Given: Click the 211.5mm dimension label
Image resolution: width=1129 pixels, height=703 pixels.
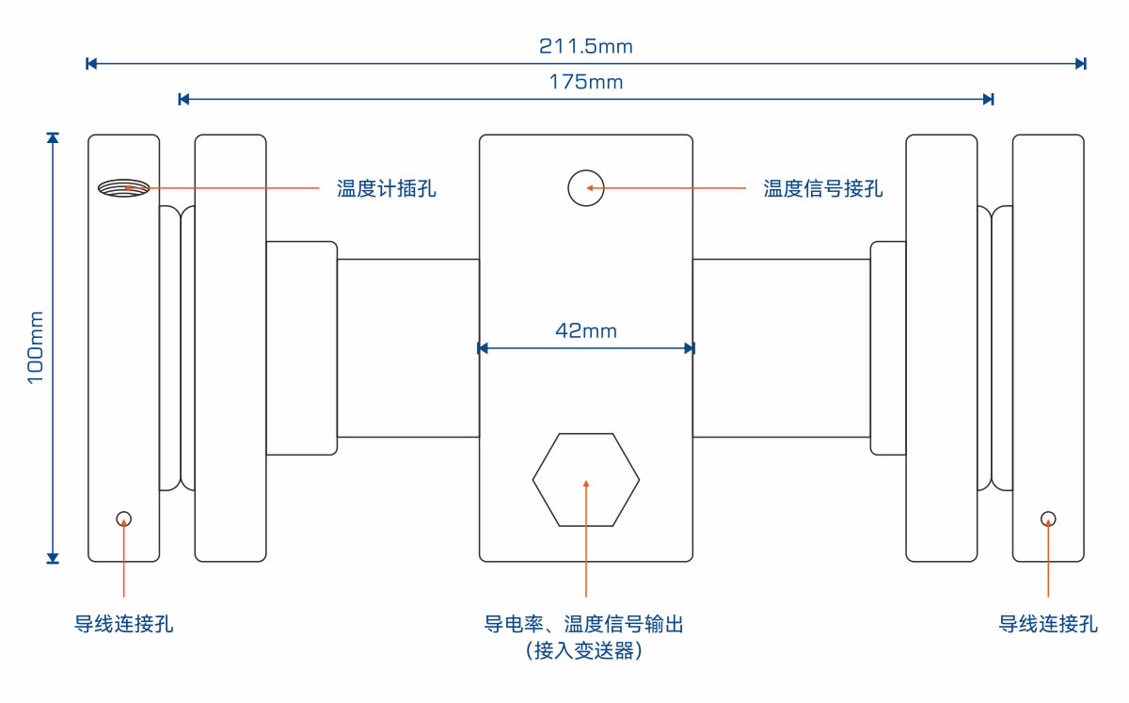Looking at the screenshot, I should (x=585, y=45).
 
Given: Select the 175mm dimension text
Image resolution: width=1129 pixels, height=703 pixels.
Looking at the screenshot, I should (x=585, y=82).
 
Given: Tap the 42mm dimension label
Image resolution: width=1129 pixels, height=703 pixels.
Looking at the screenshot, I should (x=585, y=330).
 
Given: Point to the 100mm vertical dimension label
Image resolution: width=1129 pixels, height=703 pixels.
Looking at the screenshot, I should (x=36, y=346).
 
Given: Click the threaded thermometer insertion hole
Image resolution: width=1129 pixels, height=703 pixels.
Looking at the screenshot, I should (x=123, y=188).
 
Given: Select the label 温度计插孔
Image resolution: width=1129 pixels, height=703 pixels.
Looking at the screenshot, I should (x=387, y=189).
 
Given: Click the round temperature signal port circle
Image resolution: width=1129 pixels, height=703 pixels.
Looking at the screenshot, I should (x=585, y=188).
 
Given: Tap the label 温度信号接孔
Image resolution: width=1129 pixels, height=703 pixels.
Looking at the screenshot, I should (x=823, y=189).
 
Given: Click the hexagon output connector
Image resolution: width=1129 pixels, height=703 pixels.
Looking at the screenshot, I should (x=585, y=480).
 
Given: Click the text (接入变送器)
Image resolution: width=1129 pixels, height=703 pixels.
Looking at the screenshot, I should (x=584, y=650).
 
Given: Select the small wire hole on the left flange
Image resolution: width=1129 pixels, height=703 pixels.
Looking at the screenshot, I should (x=123, y=519).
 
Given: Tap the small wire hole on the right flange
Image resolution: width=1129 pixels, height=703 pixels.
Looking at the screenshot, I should (x=1048, y=519).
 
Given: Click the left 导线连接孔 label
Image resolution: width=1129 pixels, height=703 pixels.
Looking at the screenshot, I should (x=124, y=624).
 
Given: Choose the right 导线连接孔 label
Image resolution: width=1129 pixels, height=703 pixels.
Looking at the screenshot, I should (x=1048, y=624).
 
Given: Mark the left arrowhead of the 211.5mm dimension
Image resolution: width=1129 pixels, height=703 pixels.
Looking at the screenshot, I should (x=90, y=64).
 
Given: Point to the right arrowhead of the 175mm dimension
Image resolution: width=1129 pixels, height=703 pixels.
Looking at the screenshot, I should (x=988, y=99).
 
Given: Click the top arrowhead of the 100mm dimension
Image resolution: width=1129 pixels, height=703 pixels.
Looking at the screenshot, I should (x=53, y=138).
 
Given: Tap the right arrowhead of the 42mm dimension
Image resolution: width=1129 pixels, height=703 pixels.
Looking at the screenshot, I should (x=690, y=348).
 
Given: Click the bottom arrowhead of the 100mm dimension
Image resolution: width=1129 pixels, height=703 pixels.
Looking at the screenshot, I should (x=53, y=558).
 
